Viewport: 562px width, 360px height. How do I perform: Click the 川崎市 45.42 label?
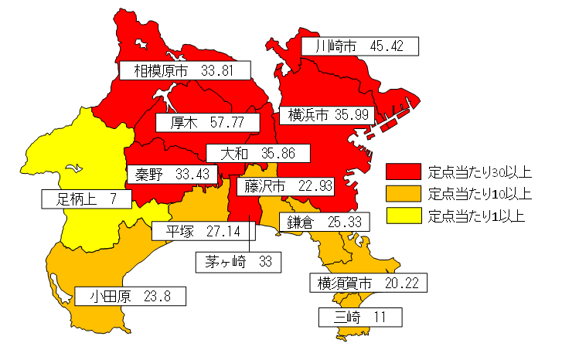pyautogui.click(x=359, y=46)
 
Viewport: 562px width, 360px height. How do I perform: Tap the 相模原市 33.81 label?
pyautogui.click(x=186, y=71)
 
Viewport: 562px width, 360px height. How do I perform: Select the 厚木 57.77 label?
pyautogui.click(x=206, y=122)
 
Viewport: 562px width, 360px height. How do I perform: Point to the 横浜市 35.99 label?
pyautogui.click(x=329, y=115)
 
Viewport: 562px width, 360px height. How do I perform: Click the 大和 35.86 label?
pyautogui.click(x=257, y=153)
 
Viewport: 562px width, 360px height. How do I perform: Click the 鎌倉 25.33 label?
pyautogui.click(x=324, y=222)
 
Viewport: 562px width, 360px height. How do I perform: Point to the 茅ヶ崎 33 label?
pyautogui.click(x=239, y=262)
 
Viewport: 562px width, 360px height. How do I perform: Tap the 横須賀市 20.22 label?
pyautogui.click(x=367, y=283)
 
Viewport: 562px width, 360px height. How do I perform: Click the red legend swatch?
pyautogui.click(x=404, y=171)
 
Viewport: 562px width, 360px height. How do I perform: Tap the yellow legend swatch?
pyautogui.click(x=404, y=215)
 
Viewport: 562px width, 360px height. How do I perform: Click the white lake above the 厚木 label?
pyautogui.click(x=166, y=97)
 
